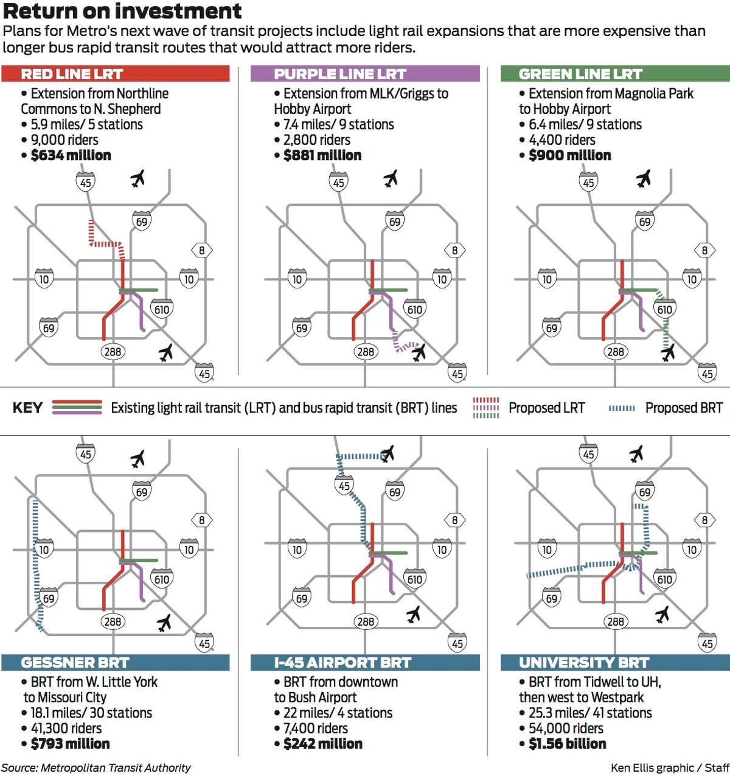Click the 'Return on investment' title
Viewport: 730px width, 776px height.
pos(122,10)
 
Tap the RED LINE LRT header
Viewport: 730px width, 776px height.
pos(72,74)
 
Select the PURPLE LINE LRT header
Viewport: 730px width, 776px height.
pos(340,74)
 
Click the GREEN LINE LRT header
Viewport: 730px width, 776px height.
pos(580,74)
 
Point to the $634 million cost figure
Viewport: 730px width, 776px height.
pos(71,155)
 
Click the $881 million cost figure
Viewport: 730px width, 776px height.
pos(322,155)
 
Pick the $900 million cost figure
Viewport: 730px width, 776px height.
pos(570,155)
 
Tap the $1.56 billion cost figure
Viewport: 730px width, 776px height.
pos(568,744)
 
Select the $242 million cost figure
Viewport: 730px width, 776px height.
pos(323,744)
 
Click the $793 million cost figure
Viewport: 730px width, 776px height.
pos(71,744)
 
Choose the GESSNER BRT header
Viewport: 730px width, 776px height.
pos(75,663)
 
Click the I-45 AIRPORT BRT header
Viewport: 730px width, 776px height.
pos(342,663)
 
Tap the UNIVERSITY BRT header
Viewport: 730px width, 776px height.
pos(584,663)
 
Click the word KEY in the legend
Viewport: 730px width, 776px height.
pos(27,408)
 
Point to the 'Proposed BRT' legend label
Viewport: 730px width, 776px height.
pos(684,408)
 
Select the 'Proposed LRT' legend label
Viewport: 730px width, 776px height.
pos(547,408)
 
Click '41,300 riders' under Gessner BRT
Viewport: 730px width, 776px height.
pos(66,729)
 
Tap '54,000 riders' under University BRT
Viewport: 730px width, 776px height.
pos(566,729)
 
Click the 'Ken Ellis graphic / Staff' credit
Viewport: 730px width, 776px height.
pos(670,768)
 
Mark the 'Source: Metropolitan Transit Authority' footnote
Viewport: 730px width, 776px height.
pos(97,768)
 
